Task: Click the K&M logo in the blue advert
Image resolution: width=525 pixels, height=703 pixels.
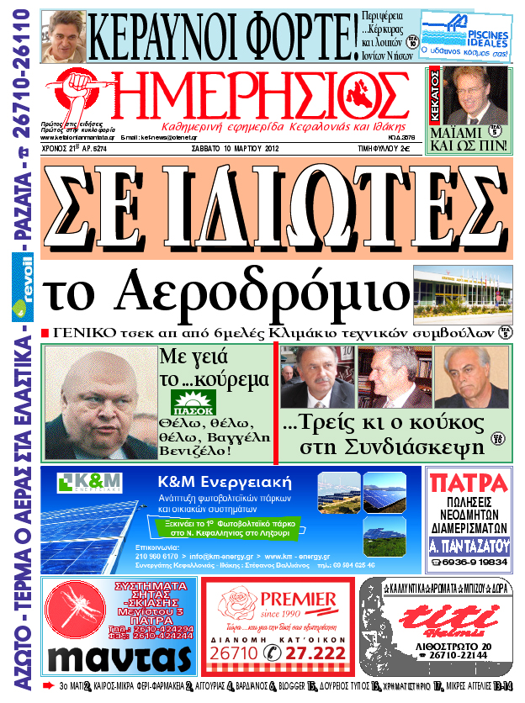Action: (90, 484)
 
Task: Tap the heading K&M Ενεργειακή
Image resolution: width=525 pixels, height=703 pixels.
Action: (224, 483)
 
